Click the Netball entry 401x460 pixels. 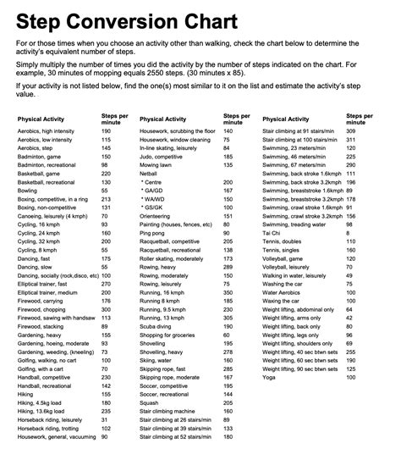point(153,171)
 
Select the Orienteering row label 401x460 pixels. point(161,213)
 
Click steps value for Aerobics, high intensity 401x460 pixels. point(106,131)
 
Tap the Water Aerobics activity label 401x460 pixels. point(288,293)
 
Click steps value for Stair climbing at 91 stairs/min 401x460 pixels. point(349,131)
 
